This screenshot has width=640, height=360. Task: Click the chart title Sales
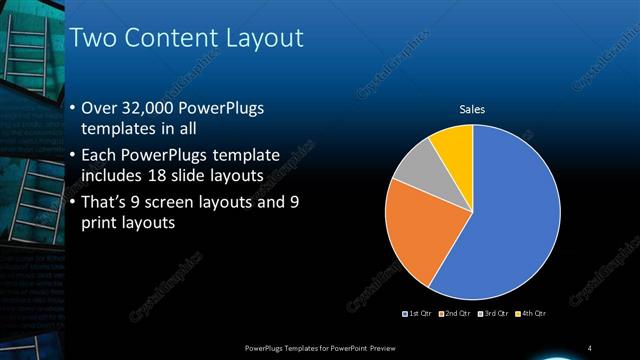click(x=472, y=109)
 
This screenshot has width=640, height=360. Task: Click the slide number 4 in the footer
click(x=590, y=347)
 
